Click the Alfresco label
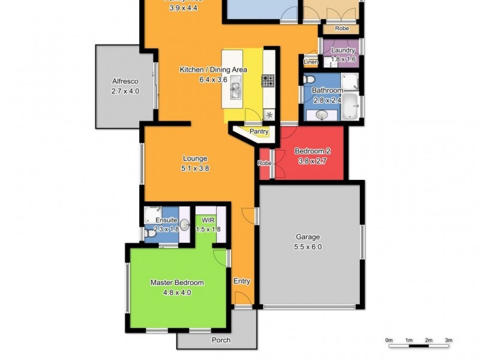click(x=125, y=82)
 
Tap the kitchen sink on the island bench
click(x=235, y=90)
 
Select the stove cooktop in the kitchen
click(x=268, y=80)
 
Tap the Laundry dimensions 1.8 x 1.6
click(x=343, y=59)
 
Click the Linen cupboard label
click(x=310, y=62)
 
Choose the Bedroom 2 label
click(x=312, y=151)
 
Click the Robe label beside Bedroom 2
click(x=264, y=163)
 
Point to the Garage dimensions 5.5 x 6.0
click(x=307, y=246)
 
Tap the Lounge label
click(x=195, y=159)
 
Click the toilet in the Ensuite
click(x=150, y=235)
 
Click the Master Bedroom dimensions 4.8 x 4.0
click(x=176, y=293)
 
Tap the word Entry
click(x=241, y=281)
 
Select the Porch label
click(x=221, y=340)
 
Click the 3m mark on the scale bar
click(x=448, y=340)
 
